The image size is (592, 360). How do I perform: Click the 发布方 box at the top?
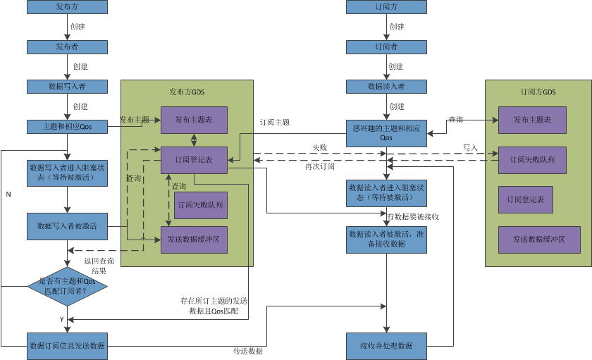(68, 8)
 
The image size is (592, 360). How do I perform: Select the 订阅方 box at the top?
(386, 8)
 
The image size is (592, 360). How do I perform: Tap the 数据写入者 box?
(68, 87)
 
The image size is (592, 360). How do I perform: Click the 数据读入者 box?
(386, 87)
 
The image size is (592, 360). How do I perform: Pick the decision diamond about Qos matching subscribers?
(67, 286)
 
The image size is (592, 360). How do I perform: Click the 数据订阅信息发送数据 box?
(68, 345)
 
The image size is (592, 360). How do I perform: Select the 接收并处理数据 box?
(386, 345)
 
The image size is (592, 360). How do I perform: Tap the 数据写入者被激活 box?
(68, 226)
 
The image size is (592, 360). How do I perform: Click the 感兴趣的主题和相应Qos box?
(386, 133)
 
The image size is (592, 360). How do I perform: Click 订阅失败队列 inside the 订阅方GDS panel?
(532, 160)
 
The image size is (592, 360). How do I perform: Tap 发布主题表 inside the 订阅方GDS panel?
(532, 120)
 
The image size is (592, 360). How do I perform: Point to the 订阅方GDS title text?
(538, 92)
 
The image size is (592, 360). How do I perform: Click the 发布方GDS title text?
(187, 92)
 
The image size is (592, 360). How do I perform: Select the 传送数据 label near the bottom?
(248, 351)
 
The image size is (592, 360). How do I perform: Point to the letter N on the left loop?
(8, 193)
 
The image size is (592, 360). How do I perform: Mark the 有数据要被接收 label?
(414, 216)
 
